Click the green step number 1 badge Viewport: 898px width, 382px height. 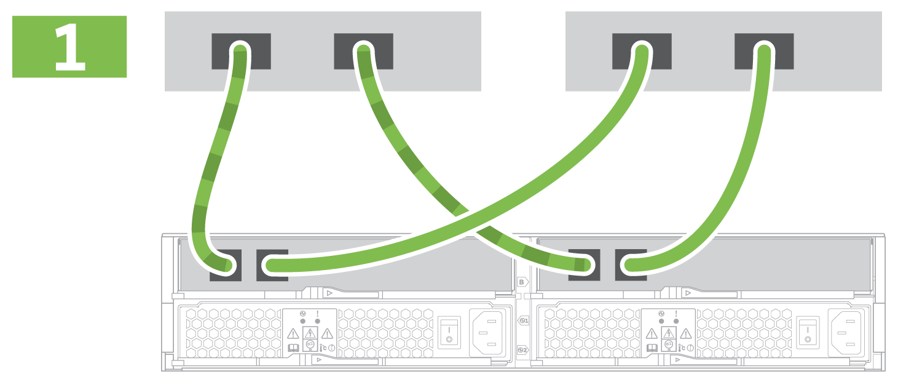pyautogui.click(x=69, y=47)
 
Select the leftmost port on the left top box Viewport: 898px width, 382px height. pyautogui.click(x=241, y=51)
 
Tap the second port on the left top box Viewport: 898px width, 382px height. pyautogui.click(x=363, y=51)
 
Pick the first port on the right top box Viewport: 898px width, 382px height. pyautogui.click(x=642, y=51)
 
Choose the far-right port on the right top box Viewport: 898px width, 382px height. pyautogui.click(x=764, y=51)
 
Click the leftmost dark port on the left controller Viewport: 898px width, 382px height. pyautogui.click(x=225, y=265)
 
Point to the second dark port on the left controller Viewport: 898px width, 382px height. pyautogui.click(x=272, y=265)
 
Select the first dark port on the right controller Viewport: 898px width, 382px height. pyautogui.click(x=584, y=265)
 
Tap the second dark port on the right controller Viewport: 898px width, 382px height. pyautogui.click(x=631, y=265)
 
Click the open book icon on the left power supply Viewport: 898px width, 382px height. pyautogui.click(x=294, y=348)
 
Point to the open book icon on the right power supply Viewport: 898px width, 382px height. pyautogui.click(x=652, y=348)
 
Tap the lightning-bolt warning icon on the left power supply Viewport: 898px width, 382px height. pyautogui.click(x=310, y=333)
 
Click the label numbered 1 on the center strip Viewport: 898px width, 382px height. pyautogui.click(x=524, y=320)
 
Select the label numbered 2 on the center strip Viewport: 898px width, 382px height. pyautogui.click(x=524, y=349)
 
